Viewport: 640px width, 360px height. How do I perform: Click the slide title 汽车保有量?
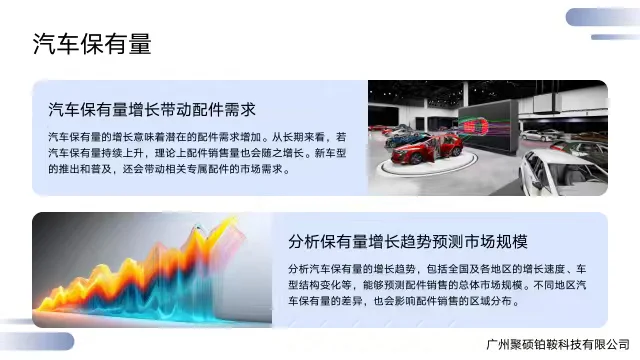[92, 43]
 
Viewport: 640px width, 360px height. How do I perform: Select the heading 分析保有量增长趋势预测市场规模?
[407, 243]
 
